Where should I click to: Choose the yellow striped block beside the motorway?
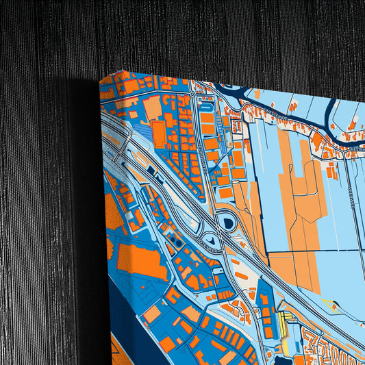(286, 316)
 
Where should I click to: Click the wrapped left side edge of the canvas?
(103, 205)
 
